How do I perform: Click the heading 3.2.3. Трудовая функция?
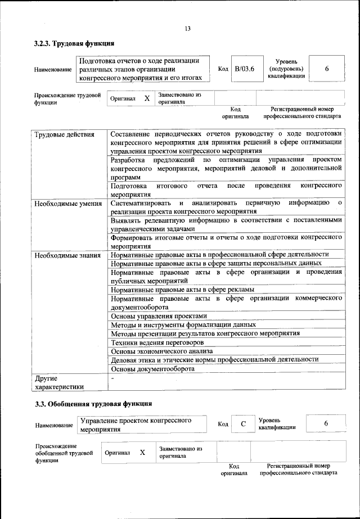74,43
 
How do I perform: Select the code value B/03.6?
245,69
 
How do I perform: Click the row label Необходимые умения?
67,203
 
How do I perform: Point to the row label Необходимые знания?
66,255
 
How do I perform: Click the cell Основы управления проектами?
159,316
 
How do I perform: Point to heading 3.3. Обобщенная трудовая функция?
93,404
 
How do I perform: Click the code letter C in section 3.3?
243,425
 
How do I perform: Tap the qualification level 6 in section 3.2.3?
327,69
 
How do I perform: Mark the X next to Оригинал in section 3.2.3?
147,98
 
